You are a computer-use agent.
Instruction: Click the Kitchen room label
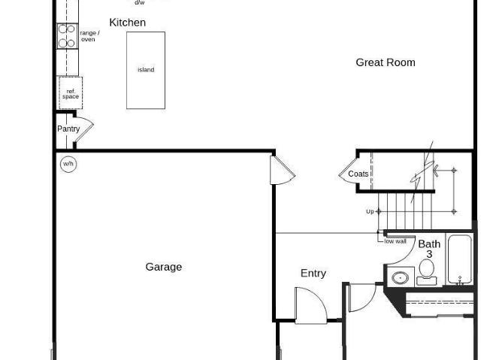(x=127, y=23)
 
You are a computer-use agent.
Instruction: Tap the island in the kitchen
(x=146, y=70)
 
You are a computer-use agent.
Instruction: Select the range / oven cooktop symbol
(x=67, y=36)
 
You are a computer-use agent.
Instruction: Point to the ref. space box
(x=71, y=93)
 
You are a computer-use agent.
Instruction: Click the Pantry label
(x=68, y=129)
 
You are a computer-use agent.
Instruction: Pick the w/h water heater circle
(x=68, y=164)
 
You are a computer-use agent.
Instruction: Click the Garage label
(x=164, y=267)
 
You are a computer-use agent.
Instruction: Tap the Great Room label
(x=386, y=62)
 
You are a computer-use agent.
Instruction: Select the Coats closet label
(x=358, y=174)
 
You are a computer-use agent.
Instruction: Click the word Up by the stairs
(x=370, y=212)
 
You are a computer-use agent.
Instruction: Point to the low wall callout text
(x=395, y=241)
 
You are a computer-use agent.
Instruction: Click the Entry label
(x=313, y=274)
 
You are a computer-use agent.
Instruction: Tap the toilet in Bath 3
(x=426, y=271)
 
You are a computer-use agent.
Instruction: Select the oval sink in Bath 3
(x=401, y=278)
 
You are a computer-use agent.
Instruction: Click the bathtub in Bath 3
(x=459, y=259)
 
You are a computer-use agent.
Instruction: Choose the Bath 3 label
(x=429, y=249)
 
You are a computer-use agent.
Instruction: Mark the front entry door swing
(x=310, y=305)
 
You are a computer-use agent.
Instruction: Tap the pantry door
(x=83, y=129)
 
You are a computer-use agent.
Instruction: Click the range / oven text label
(x=89, y=36)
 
